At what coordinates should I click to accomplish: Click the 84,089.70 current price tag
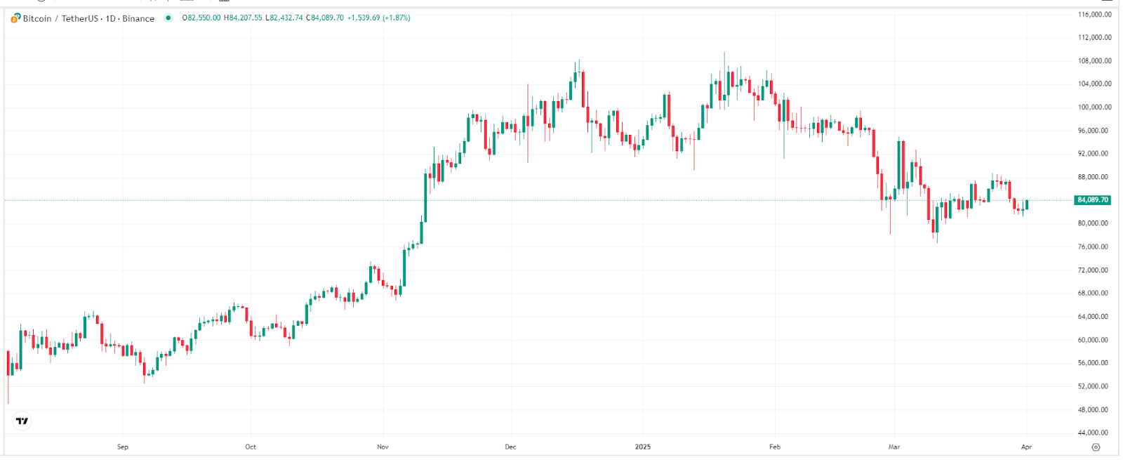[x=1093, y=200]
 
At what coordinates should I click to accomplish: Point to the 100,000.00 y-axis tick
[x=1094, y=107]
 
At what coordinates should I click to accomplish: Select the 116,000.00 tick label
[x=1094, y=14]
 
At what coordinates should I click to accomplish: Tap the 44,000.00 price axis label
[x=1094, y=433]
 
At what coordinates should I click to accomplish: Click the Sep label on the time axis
[x=123, y=447]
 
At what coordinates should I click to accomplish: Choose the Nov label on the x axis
[x=383, y=447]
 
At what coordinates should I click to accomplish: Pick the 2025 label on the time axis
[x=642, y=447]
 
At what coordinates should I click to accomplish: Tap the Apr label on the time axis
[x=1026, y=447]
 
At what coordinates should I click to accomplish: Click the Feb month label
[x=775, y=447]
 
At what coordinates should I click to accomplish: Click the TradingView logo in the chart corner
[x=22, y=421]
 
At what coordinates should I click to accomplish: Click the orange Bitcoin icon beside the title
[x=15, y=18]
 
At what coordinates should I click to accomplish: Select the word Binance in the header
[x=138, y=18]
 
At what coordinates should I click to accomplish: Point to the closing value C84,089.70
[x=325, y=18]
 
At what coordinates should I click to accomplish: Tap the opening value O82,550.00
[x=201, y=18]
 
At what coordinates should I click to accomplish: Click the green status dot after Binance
[x=168, y=18]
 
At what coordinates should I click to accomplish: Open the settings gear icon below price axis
[x=1096, y=447]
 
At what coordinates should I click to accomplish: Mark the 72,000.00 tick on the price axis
[x=1094, y=270]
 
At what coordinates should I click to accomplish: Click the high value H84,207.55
[x=243, y=18]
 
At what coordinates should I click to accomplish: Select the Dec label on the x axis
[x=510, y=447]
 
